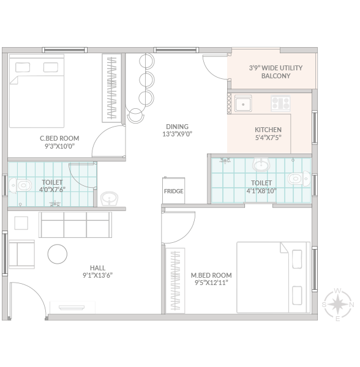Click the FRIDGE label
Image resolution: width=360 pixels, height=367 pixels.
(173, 191)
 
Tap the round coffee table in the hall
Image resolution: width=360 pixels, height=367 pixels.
(58, 254)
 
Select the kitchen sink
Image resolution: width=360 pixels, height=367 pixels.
(243, 103)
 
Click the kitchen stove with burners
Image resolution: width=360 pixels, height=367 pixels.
(280, 103)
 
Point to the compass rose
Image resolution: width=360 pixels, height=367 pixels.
(337, 305)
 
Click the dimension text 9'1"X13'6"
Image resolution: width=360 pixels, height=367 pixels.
(98, 275)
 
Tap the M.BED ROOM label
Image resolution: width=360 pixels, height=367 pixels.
(211, 275)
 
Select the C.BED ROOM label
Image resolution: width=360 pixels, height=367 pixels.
(59, 138)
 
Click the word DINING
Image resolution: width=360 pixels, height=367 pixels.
(178, 127)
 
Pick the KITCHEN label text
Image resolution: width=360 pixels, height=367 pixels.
(268, 130)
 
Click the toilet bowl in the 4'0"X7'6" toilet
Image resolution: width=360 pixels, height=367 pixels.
(20, 185)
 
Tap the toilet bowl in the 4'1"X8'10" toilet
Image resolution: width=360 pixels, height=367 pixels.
(299, 179)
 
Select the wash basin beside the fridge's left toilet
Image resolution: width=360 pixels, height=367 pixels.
(109, 199)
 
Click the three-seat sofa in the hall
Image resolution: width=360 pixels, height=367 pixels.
(75, 224)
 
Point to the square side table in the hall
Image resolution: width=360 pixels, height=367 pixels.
(21, 223)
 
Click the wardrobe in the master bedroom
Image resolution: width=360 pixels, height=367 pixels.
(175, 280)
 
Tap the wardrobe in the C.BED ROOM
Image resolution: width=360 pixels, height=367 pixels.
(111, 88)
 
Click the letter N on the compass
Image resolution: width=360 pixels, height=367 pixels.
(351, 305)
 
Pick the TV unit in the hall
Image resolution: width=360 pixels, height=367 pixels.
(72, 307)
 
